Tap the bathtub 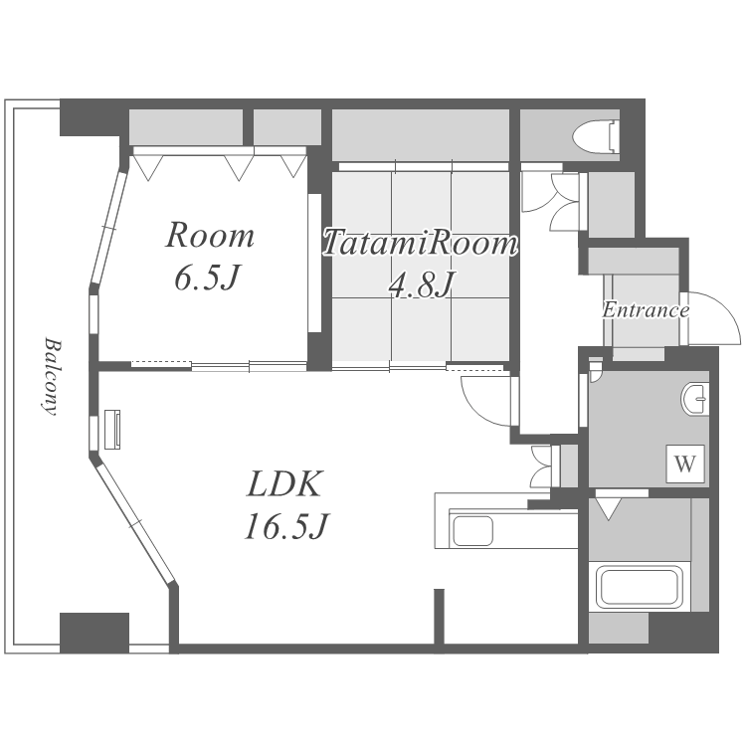[639, 586]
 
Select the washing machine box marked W [685, 464]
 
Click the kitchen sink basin [472, 530]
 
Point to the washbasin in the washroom [694, 399]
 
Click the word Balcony [51, 376]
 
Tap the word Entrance [646, 310]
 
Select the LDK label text [284, 483]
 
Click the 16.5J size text [286, 526]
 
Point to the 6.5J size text [206, 278]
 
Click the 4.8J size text [420, 284]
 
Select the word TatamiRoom [421, 243]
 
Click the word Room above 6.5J [210, 235]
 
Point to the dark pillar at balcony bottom [94, 633]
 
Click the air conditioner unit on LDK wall [112, 429]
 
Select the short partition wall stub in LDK [439, 617]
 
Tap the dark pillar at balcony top [91, 118]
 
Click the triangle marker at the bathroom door [609, 508]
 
